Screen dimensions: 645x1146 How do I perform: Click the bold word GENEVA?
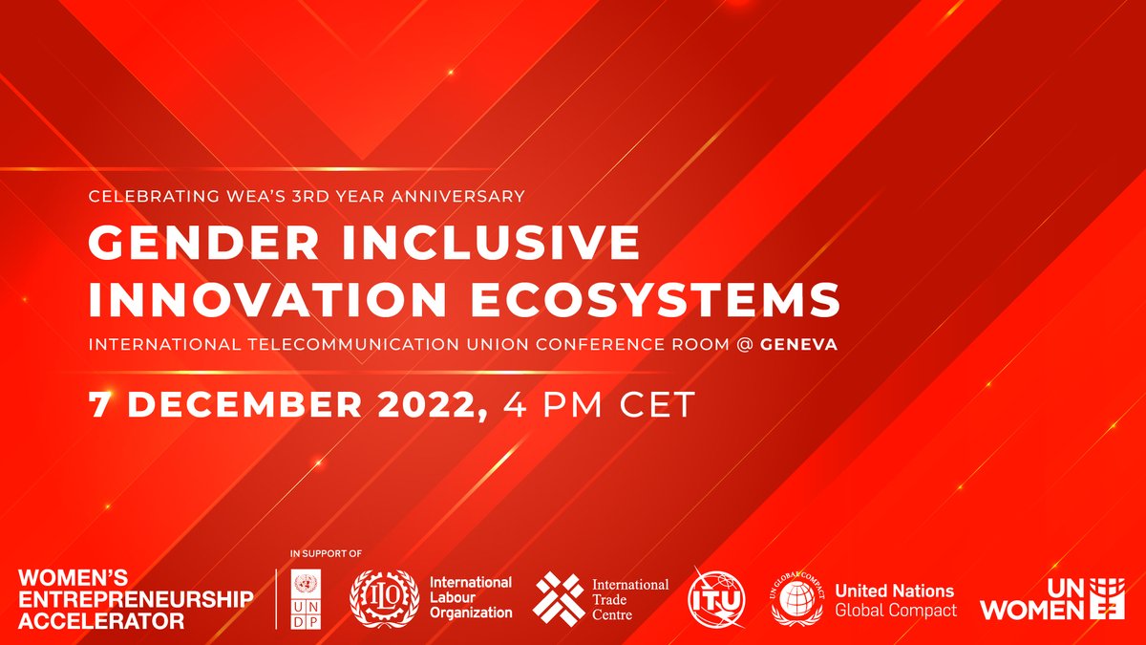[798, 345]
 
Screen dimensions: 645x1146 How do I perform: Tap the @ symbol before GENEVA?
[743, 345]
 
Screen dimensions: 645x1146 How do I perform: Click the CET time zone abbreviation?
[658, 403]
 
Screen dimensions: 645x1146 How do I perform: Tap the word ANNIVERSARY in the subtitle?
[462, 197]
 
